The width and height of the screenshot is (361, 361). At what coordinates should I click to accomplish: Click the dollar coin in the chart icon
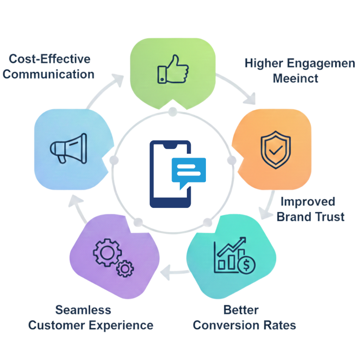245,264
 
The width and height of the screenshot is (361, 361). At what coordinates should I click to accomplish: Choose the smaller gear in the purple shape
125,269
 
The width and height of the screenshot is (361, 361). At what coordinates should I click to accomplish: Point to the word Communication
49,74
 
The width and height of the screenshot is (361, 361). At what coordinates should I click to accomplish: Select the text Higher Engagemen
300,64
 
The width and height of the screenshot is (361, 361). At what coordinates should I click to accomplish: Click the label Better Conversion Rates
244,318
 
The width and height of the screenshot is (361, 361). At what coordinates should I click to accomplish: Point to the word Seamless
83,310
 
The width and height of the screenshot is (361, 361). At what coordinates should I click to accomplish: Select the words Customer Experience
91,325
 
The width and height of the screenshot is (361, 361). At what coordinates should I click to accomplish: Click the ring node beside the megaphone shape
114,160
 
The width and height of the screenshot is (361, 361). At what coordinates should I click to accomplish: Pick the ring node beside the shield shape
232,160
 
